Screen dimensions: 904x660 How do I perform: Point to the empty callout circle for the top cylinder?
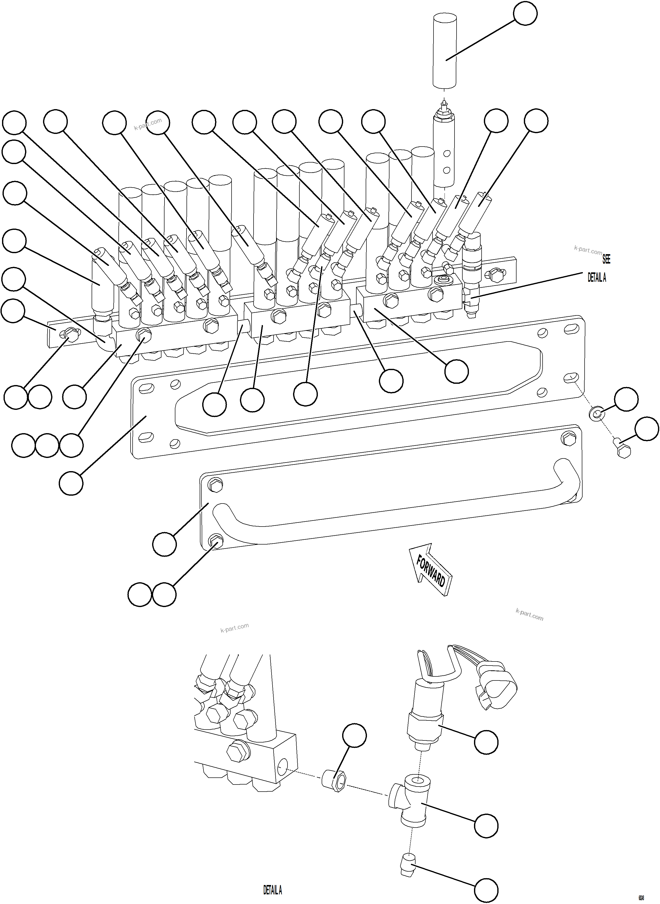525,14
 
